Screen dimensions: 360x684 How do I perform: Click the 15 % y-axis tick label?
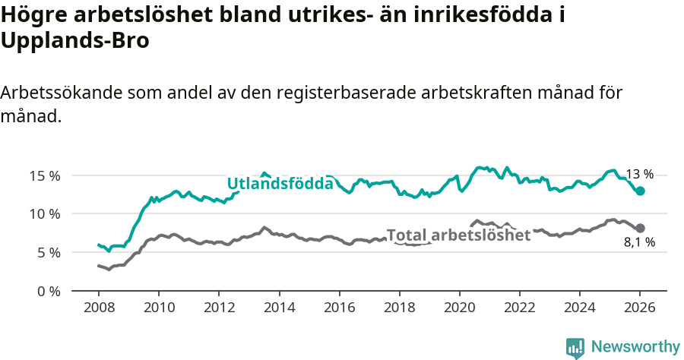click(x=44, y=175)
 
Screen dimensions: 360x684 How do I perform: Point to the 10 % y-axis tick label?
click(x=44, y=214)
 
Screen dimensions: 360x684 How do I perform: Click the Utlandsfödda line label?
click(x=280, y=184)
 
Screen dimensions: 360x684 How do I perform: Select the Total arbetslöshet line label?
click(x=458, y=235)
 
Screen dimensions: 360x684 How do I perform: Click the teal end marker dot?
click(x=640, y=191)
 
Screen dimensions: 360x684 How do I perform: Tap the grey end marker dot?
click(x=640, y=228)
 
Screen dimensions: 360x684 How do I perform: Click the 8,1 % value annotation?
click(x=639, y=243)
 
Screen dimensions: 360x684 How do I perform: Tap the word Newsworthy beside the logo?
click(x=635, y=347)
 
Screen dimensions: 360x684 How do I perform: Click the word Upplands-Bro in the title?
click(x=74, y=42)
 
